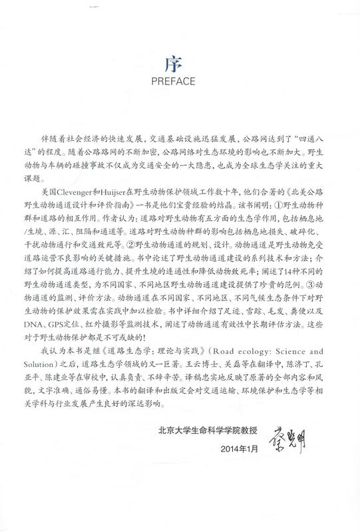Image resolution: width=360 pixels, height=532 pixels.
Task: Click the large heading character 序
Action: [180, 65]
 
